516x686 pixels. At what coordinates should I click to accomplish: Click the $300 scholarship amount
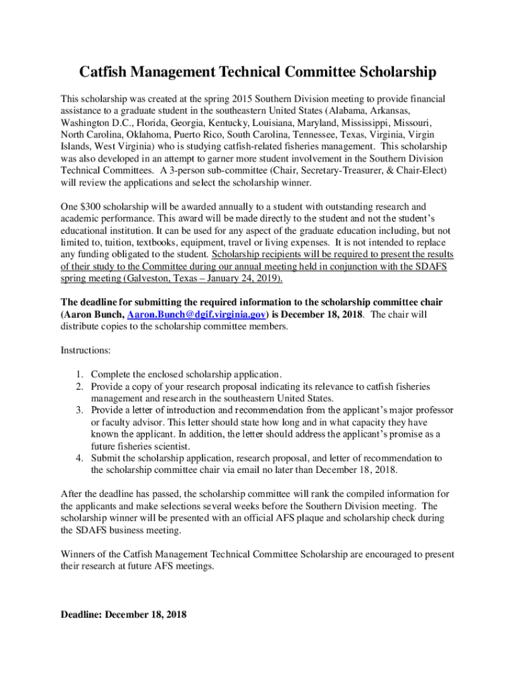coord(91,207)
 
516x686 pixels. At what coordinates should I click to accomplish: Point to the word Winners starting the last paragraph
coord(79,554)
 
